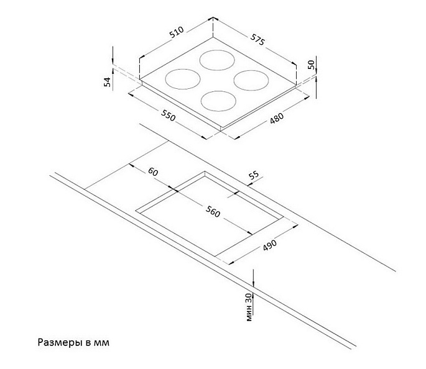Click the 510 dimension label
click(x=177, y=32)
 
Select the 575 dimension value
click(x=257, y=40)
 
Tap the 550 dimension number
click(x=168, y=116)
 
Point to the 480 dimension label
click(x=277, y=118)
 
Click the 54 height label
click(x=108, y=82)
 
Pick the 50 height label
click(x=311, y=65)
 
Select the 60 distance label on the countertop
click(x=153, y=171)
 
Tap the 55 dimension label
click(x=254, y=175)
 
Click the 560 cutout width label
click(x=213, y=212)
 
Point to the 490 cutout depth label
click(x=270, y=245)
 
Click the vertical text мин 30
click(x=249, y=308)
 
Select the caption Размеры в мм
click(x=73, y=342)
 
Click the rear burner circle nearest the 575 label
click(x=217, y=60)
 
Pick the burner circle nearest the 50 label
click(x=251, y=80)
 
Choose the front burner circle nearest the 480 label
click(x=218, y=101)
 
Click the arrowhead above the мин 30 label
click(x=253, y=284)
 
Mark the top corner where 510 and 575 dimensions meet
click(x=213, y=18)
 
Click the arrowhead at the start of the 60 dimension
click(x=131, y=165)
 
